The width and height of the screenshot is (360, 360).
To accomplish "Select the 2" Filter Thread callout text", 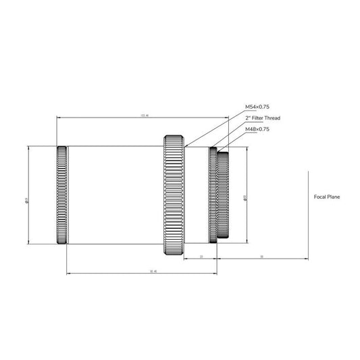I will (263, 118).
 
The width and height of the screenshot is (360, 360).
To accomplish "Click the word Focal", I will (321, 198).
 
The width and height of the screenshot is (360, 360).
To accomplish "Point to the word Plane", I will (334, 198).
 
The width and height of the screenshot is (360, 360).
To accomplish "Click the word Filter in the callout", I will (261, 118).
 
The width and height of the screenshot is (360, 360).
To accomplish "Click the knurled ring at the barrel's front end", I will (62, 195).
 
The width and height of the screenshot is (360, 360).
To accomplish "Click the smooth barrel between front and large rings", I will (115, 195).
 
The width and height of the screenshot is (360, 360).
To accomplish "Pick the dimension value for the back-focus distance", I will (261, 257).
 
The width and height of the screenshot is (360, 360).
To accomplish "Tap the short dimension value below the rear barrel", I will (202, 257).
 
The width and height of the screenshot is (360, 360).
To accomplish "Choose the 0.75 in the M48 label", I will (264, 128).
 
